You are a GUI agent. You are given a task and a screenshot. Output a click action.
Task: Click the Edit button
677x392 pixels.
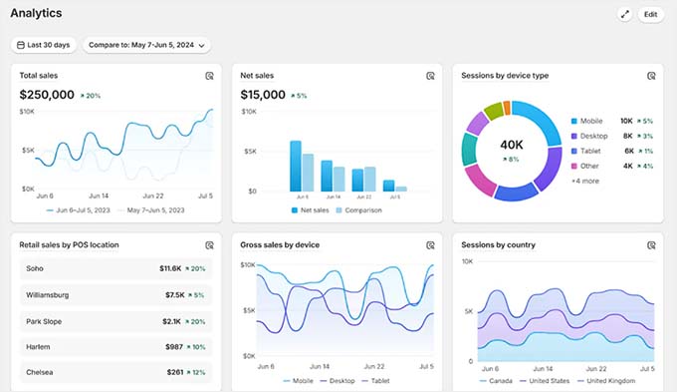pyautogui.click(x=650, y=15)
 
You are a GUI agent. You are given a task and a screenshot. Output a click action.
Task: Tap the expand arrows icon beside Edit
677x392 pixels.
pyautogui.click(x=624, y=15)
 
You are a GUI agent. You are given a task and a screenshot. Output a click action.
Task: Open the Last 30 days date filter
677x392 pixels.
pyautogui.click(x=43, y=45)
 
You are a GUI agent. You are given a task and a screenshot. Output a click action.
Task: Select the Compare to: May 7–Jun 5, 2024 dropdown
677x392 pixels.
pyautogui.click(x=146, y=45)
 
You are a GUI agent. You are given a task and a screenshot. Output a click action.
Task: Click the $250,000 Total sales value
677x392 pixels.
pyautogui.click(x=47, y=95)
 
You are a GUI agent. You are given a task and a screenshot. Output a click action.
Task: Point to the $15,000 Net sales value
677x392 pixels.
pyautogui.click(x=263, y=95)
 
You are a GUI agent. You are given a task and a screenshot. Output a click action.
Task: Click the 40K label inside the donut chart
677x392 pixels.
pyautogui.click(x=512, y=145)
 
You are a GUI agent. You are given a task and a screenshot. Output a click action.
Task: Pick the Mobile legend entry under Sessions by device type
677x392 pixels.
pyautogui.click(x=591, y=121)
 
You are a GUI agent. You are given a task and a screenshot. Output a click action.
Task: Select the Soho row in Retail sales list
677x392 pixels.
pyautogui.click(x=115, y=268)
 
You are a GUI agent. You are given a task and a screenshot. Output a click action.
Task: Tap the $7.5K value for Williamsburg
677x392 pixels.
pyautogui.click(x=173, y=294)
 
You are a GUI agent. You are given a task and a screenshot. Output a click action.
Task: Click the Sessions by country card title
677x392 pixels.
pyautogui.click(x=499, y=244)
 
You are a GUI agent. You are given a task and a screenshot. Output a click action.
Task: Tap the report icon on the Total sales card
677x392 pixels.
pyautogui.click(x=210, y=76)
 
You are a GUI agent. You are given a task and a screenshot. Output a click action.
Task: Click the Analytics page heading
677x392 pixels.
pyautogui.click(x=36, y=14)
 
